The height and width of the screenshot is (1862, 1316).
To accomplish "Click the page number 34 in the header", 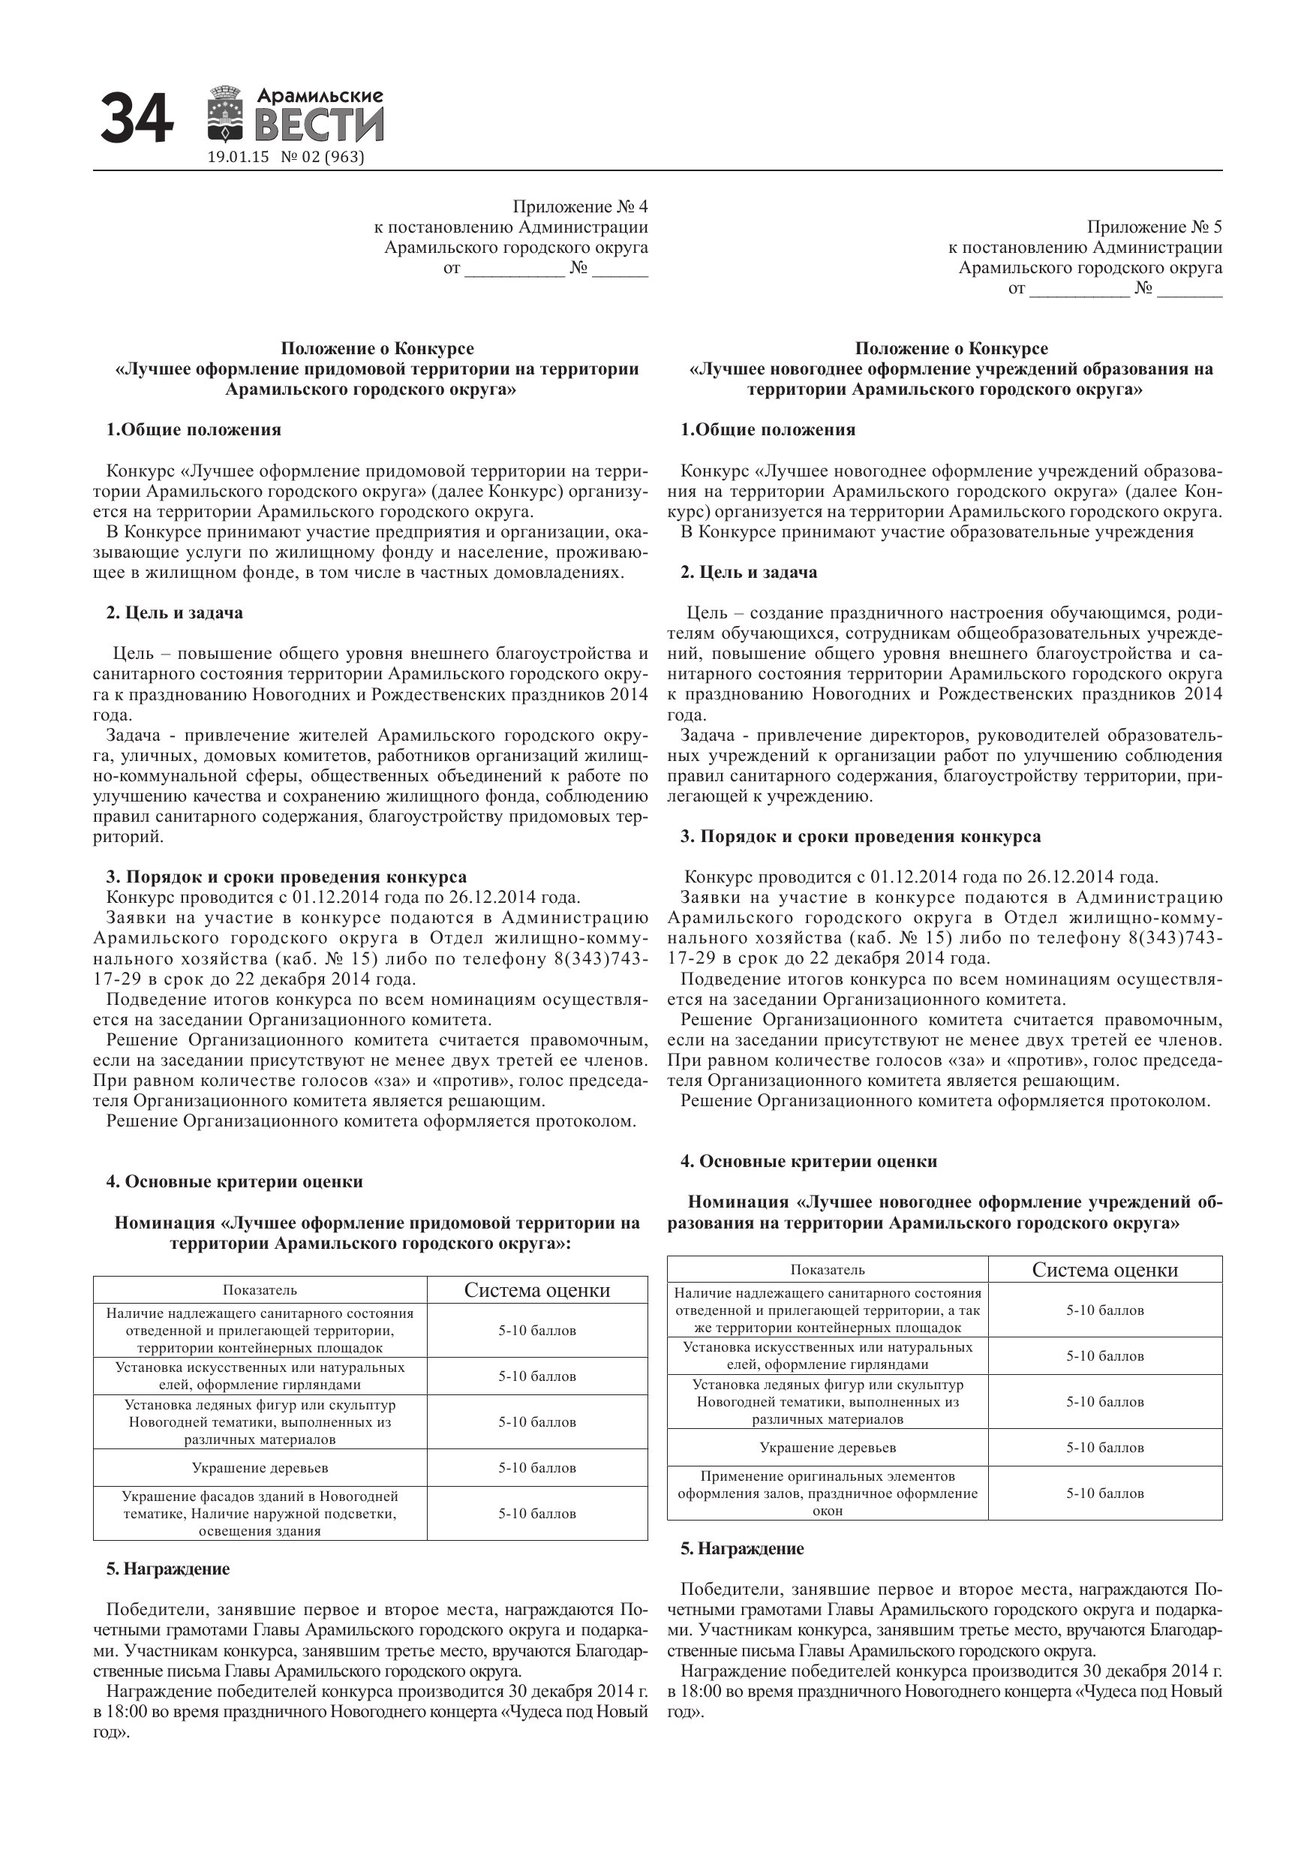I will click(137, 119).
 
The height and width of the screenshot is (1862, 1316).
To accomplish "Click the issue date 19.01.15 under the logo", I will click(238, 158).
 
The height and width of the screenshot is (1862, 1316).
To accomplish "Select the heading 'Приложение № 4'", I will click(580, 207).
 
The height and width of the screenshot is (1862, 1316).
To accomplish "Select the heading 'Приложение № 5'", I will click(1154, 227).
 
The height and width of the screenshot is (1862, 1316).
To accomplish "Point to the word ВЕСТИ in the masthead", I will click(320, 127).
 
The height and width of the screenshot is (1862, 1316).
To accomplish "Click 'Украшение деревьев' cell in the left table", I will click(260, 1468).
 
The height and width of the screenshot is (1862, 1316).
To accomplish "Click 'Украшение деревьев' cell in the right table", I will click(828, 1448).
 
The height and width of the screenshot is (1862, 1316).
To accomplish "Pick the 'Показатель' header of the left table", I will click(260, 1290).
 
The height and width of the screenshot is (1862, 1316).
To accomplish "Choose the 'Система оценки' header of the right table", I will click(1104, 1270).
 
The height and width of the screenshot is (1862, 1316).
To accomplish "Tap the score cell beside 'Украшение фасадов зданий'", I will click(536, 1513).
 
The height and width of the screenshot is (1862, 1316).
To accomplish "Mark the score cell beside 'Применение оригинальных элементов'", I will click(1104, 1493).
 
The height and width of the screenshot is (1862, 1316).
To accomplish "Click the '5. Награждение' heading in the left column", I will click(168, 1569).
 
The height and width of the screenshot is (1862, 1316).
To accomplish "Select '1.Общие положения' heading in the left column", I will click(194, 430).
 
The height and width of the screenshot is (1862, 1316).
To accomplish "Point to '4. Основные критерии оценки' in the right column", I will click(808, 1161).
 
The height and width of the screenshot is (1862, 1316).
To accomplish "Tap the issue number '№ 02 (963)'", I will click(322, 158).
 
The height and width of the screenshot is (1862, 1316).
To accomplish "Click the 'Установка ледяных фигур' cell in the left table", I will click(260, 1421).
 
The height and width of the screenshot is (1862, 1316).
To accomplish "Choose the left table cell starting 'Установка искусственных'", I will click(260, 1376).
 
